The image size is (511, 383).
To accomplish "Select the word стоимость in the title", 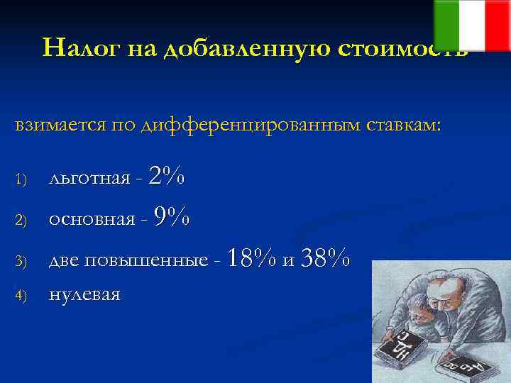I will pos(401,48).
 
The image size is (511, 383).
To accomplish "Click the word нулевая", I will pos(84,294).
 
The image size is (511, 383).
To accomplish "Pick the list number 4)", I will pos(21,294).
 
